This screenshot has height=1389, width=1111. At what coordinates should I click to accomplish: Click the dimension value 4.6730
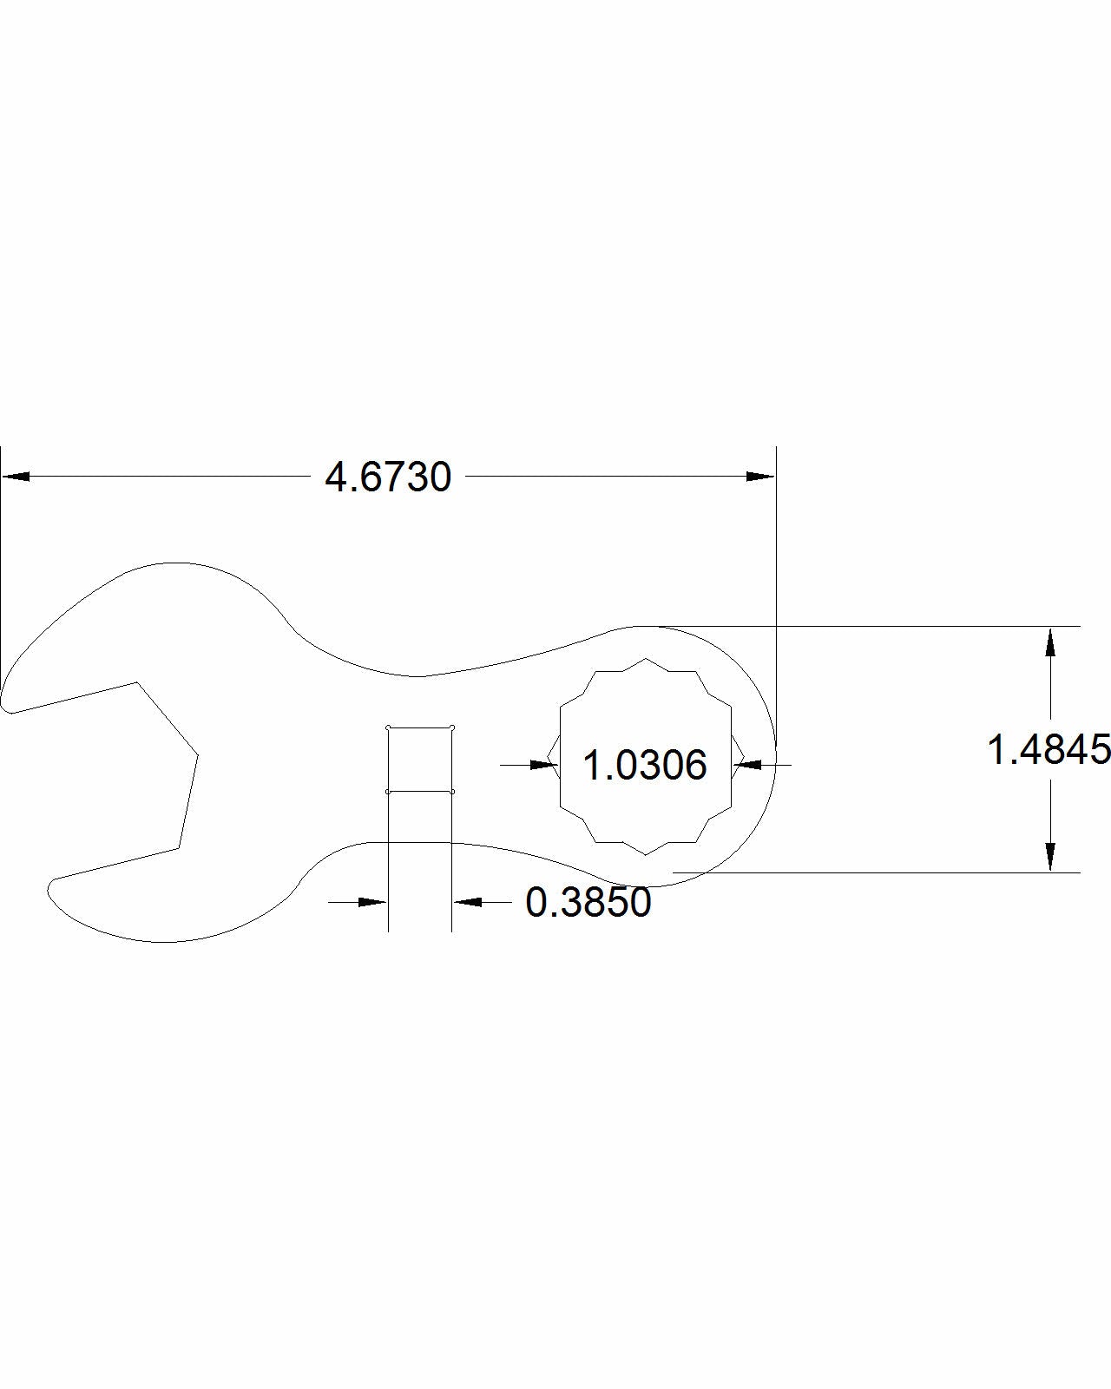[x=388, y=477]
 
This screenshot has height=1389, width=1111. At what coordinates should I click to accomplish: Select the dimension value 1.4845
[x=1049, y=749]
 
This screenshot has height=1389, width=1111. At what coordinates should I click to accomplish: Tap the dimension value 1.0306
[x=645, y=766]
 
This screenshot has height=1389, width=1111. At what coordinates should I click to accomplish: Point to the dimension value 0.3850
[x=588, y=902]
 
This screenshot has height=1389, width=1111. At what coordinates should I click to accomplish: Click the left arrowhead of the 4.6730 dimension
[x=16, y=477]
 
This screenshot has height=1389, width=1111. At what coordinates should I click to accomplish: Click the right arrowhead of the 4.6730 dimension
[x=760, y=477]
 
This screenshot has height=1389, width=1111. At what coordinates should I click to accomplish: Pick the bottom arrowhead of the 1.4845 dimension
[x=1050, y=857]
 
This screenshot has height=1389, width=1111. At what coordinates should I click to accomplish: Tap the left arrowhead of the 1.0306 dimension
[x=544, y=765]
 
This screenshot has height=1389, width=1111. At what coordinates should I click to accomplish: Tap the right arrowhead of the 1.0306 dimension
[x=747, y=765]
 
